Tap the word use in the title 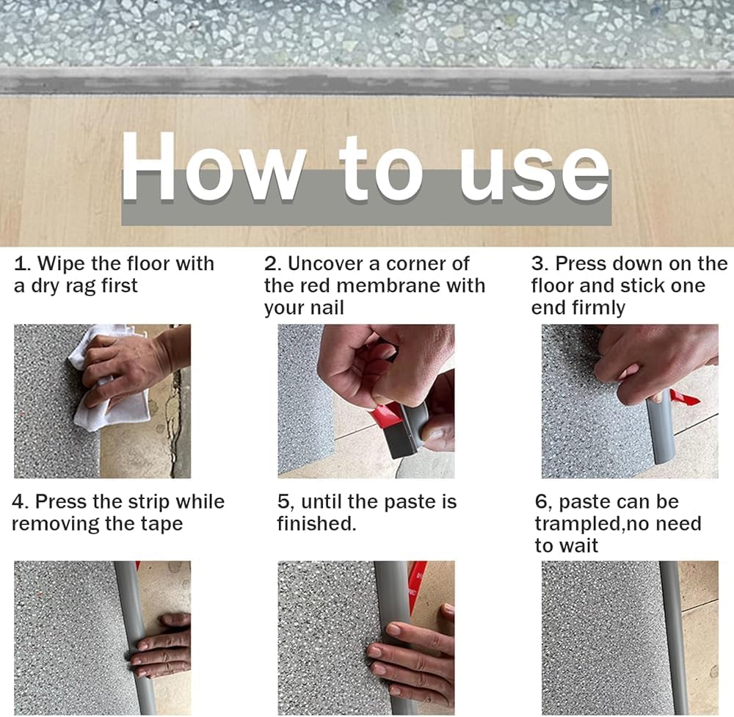534,174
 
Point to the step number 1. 21,264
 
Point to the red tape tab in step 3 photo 685,398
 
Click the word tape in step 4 161,525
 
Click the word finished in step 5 316,524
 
